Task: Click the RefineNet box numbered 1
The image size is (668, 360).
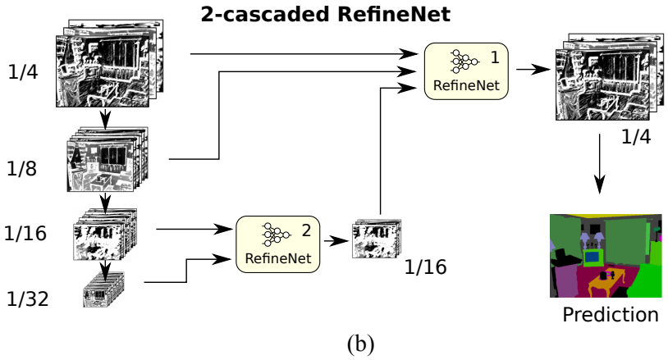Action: (465, 71)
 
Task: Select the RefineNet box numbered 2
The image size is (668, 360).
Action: (277, 245)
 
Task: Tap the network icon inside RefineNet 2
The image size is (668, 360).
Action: (272, 235)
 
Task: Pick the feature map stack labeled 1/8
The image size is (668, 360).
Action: (108, 159)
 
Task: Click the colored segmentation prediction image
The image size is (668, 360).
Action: (605, 255)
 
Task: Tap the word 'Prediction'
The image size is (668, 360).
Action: (610, 315)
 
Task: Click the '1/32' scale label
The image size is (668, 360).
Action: (25, 298)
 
